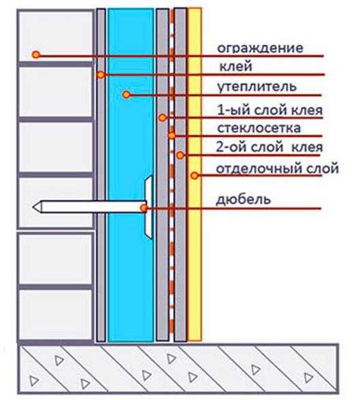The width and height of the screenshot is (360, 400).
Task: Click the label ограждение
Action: pyautogui.click(x=260, y=48)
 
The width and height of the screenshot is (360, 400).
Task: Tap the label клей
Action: pyautogui.click(x=236, y=66)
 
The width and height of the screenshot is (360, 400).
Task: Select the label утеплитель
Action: pyautogui.click(x=257, y=87)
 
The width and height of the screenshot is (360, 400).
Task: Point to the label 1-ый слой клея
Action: pyautogui.click(x=270, y=110)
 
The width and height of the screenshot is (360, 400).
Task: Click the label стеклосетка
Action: pyautogui.click(x=259, y=128)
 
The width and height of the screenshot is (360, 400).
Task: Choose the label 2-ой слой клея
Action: pyautogui.click(x=269, y=147)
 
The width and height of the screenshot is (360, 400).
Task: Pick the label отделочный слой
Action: pyautogui.click(x=277, y=169)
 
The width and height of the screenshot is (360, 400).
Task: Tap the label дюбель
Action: pyautogui.click(x=243, y=199)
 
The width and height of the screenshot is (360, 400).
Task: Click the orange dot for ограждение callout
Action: pyautogui.click(x=36, y=55)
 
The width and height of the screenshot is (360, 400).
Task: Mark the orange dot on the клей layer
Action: pyautogui.click(x=101, y=75)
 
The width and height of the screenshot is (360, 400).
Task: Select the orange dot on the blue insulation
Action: pyautogui.click(x=126, y=95)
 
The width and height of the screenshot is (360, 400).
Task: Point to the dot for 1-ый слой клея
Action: pyautogui.click(x=163, y=118)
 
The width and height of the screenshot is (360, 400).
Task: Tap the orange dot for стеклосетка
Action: pyautogui.click(x=172, y=136)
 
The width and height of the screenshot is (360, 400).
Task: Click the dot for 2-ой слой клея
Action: pyautogui.click(x=180, y=155)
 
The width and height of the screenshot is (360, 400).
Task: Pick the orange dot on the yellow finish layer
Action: pyautogui.click(x=194, y=175)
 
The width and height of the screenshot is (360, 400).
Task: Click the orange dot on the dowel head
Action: pyautogui.click(x=144, y=208)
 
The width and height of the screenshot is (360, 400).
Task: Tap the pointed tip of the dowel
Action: pyautogui.click(x=33, y=206)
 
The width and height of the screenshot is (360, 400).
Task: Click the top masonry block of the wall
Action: pyautogui.click(x=56, y=35)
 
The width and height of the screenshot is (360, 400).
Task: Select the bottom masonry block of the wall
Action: pyautogui.click(x=56, y=315)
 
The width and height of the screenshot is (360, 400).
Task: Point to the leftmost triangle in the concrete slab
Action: pyautogui.click(x=34, y=381)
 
